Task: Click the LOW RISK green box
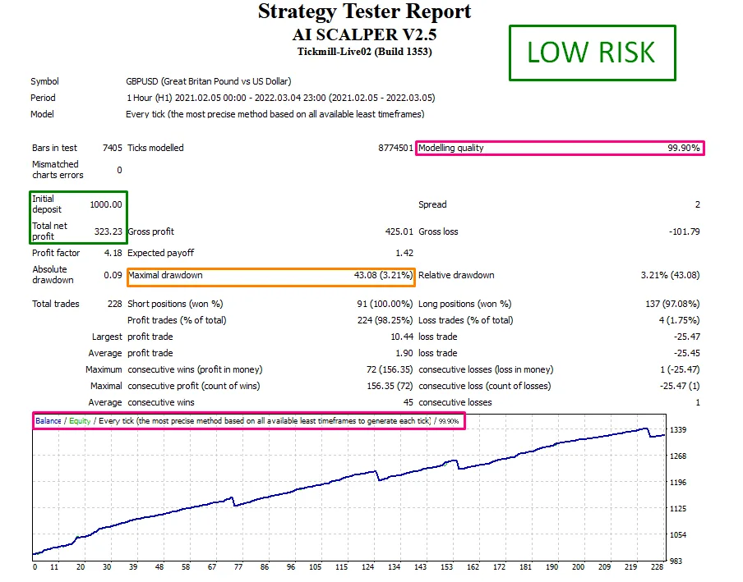(x=592, y=53)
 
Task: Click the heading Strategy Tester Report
(x=365, y=12)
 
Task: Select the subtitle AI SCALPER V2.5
(x=365, y=34)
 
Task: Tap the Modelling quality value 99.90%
(x=683, y=149)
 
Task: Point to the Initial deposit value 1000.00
(x=106, y=204)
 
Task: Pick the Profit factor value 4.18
(x=113, y=253)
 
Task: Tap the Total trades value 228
(x=115, y=304)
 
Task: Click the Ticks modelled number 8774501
(x=394, y=149)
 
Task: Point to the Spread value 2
(x=697, y=204)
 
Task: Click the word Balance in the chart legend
(x=48, y=421)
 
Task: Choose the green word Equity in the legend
(x=80, y=421)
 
